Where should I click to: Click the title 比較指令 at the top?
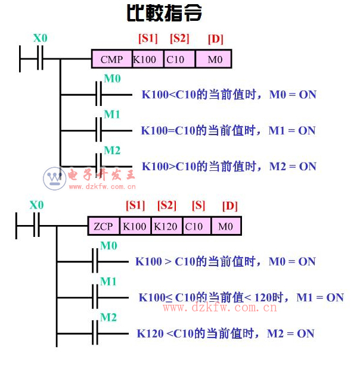165,13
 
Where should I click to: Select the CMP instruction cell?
111,59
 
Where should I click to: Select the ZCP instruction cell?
104,226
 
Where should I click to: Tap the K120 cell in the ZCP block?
166,226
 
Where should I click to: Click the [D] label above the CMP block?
215,39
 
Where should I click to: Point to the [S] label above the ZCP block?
198,206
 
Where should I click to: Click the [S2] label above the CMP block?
179,39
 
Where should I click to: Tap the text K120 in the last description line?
150,333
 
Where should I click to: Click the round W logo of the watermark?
54,178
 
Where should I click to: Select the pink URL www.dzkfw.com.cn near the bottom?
220,308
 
